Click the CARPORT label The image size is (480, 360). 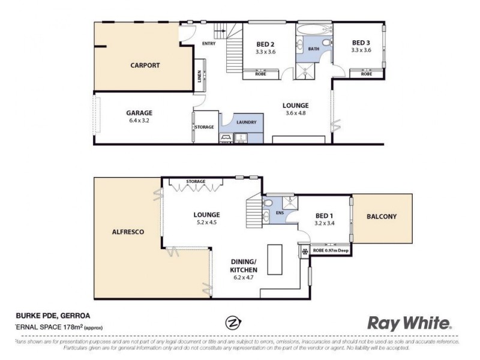(x=145, y=65)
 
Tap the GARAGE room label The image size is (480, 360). (x=139, y=112)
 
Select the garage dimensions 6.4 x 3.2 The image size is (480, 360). (x=139, y=120)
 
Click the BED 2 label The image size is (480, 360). (x=265, y=44)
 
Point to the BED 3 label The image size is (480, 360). (x=361, y=43)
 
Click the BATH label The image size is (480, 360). (x=314, y=49)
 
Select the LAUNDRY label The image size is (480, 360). (x=246, y=122)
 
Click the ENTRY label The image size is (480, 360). (x=209, y=43)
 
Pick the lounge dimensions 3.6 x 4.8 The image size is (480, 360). (x=296, y=113)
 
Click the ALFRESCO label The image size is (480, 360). (x=128, y=231)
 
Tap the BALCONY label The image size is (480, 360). (x=382, y=217)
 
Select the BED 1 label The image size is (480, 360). (x=325, y=218)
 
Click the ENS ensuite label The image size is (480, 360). (x=280, y=212)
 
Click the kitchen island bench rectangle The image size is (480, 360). (x=275, y=259)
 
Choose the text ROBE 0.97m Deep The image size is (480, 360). (x=329, y=250)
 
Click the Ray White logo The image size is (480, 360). (x=410, y=323)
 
